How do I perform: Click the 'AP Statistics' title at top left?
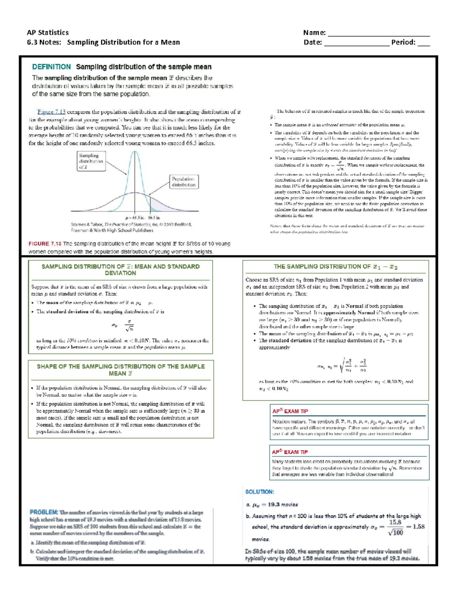pos(48,32)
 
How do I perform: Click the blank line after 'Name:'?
pos(379,34)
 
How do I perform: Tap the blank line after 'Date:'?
pos(356,44)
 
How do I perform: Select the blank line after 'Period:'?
pos(423,44)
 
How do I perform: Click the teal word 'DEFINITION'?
pos(51,67)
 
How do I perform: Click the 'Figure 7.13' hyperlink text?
pos(51,112)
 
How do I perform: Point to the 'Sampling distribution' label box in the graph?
pos(91,161)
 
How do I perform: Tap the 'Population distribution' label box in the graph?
pos(184,182)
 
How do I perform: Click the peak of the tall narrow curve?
pos(134,152)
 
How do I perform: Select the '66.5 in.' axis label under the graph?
pos(154,217)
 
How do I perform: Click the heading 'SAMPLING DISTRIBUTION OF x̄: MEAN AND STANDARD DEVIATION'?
pos(120,269)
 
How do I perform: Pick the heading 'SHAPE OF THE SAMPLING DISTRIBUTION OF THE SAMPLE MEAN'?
pos(120,370)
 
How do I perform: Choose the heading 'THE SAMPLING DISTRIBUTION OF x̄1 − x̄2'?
pos(336,267)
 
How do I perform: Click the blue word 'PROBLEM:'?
pos(44,512)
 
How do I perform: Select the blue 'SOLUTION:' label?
pos(260,492)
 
